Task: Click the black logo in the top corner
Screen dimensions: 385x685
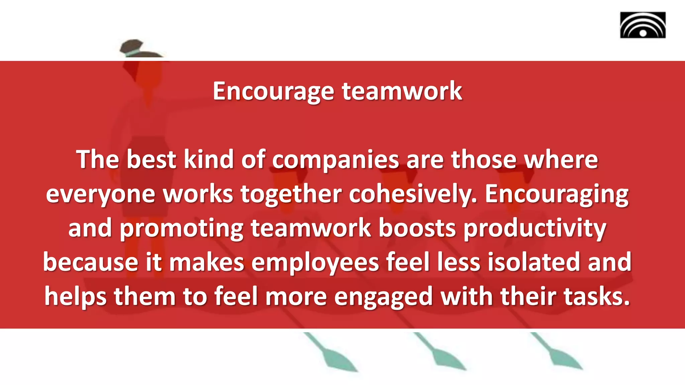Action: [643, 25]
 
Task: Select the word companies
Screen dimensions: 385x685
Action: [335, 160]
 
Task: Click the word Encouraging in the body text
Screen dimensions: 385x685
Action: [557, 195]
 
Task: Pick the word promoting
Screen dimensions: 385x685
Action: [181, 229]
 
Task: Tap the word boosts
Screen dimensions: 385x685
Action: [417, 228]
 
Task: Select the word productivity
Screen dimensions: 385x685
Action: [535, 229]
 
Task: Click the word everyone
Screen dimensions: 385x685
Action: [100, 195]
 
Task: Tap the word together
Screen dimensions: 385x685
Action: [291, 194]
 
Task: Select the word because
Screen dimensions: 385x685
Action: [90, 262]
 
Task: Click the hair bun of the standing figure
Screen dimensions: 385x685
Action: [132, 46]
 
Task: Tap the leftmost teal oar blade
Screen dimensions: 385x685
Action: [338, 359]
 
